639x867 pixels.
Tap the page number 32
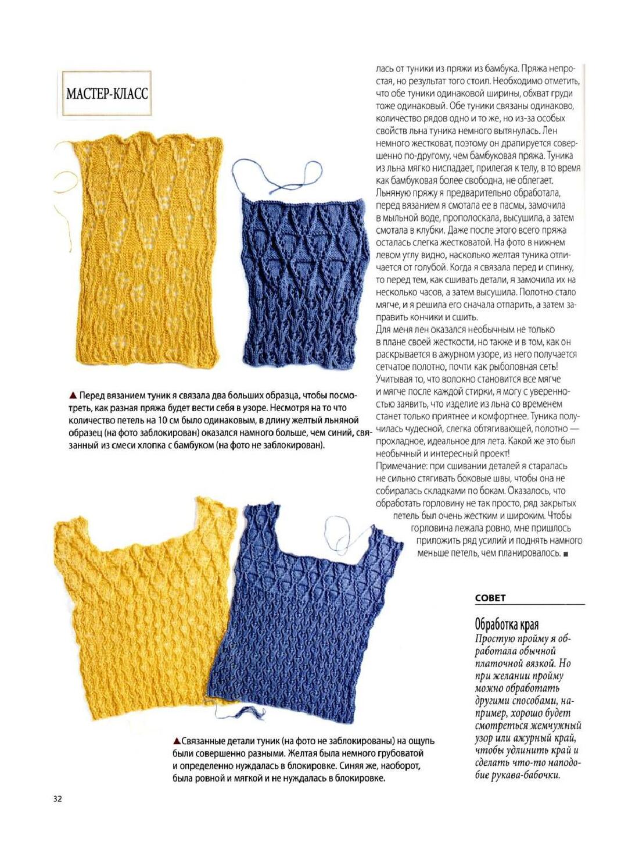(x=57, y=798)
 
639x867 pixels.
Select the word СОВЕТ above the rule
(x=490, y=598)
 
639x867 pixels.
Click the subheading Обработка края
(x=507, y=625)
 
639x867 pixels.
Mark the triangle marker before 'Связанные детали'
(x=176, y=741)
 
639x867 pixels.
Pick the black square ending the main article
(x=566, y=554)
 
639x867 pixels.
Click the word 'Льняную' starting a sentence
(x=394, y=193)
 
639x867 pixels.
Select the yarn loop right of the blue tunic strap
(x=343, y=532)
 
